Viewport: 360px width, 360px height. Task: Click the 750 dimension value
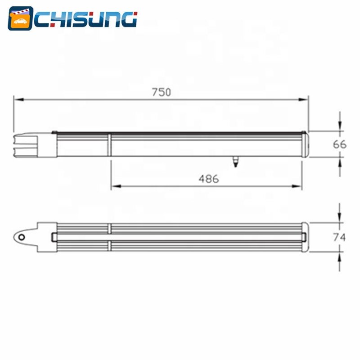[162, 92]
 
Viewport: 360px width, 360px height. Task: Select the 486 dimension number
[209, 179]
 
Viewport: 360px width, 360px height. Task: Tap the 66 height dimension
[340, 144]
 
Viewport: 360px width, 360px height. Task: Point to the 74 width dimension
[339, 237]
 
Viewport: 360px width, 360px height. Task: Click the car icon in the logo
[20, 21]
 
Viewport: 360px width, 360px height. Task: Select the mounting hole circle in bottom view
[22, 237]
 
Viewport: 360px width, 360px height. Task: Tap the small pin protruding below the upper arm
[235, 162]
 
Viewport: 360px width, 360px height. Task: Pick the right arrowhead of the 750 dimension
[303, 99]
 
